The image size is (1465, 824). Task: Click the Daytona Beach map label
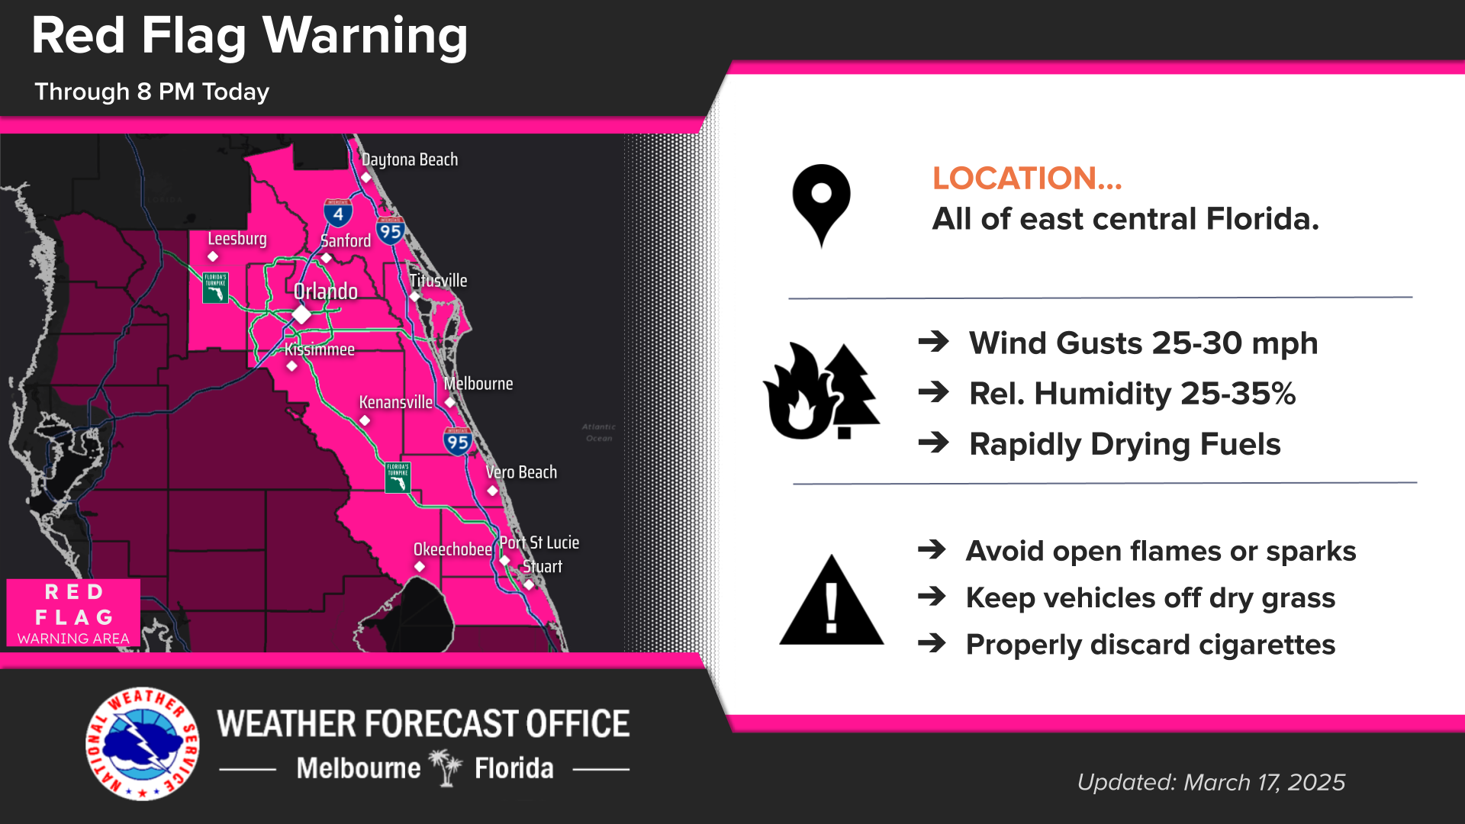(410, 159)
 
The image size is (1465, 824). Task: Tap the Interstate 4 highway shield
(338, 213)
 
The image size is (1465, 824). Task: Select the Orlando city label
(326, 291)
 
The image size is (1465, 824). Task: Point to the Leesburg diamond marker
(213, 256)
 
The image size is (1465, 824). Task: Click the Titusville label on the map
(438, 281)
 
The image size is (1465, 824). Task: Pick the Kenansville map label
(395, 402)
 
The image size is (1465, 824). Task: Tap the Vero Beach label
(521, 472)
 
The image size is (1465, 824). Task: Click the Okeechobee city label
(452, 549)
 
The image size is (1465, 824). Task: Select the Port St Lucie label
(539, 542)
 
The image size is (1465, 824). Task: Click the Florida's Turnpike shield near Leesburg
(215, 288)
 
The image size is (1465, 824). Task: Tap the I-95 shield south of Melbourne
(458, 442)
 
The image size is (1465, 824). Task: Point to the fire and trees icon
(821, 391)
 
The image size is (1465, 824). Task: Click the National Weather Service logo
(143, 744)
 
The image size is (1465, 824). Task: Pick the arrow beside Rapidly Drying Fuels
(933, 443)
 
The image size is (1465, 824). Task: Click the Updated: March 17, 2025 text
(1211, 782)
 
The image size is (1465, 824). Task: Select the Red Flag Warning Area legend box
(73, 613)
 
